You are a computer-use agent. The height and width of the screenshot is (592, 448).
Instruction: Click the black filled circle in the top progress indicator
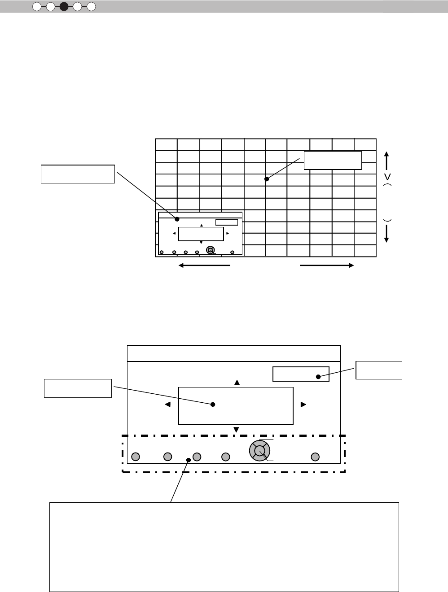point(64,7)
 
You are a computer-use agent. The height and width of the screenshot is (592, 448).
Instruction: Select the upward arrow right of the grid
point(387,160)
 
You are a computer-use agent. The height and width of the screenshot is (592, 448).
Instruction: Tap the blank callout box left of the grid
point(78,174)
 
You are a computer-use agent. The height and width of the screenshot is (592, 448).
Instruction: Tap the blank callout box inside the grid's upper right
point(333,160)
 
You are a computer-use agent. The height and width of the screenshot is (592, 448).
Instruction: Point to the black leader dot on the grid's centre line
point(267,179)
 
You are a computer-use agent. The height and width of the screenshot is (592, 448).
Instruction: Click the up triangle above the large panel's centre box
point(237,383)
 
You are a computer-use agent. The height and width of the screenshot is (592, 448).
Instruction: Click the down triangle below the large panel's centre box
point(237,430)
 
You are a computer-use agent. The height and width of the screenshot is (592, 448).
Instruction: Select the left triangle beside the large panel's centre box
point(168,405)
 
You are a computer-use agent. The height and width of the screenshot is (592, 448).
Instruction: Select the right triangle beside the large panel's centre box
point(303,405)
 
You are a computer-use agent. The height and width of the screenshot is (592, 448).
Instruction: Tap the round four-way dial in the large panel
point(259,450)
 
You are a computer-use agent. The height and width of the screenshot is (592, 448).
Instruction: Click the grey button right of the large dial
point(316,457)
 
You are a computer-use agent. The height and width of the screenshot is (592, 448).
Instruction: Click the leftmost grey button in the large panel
point(136,457)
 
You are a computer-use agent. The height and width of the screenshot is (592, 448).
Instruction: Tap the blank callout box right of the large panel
point(378,370)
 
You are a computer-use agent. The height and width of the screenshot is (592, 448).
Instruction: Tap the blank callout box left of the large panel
point(78,388)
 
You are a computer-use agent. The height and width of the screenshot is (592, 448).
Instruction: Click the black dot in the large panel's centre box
point(213,405)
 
